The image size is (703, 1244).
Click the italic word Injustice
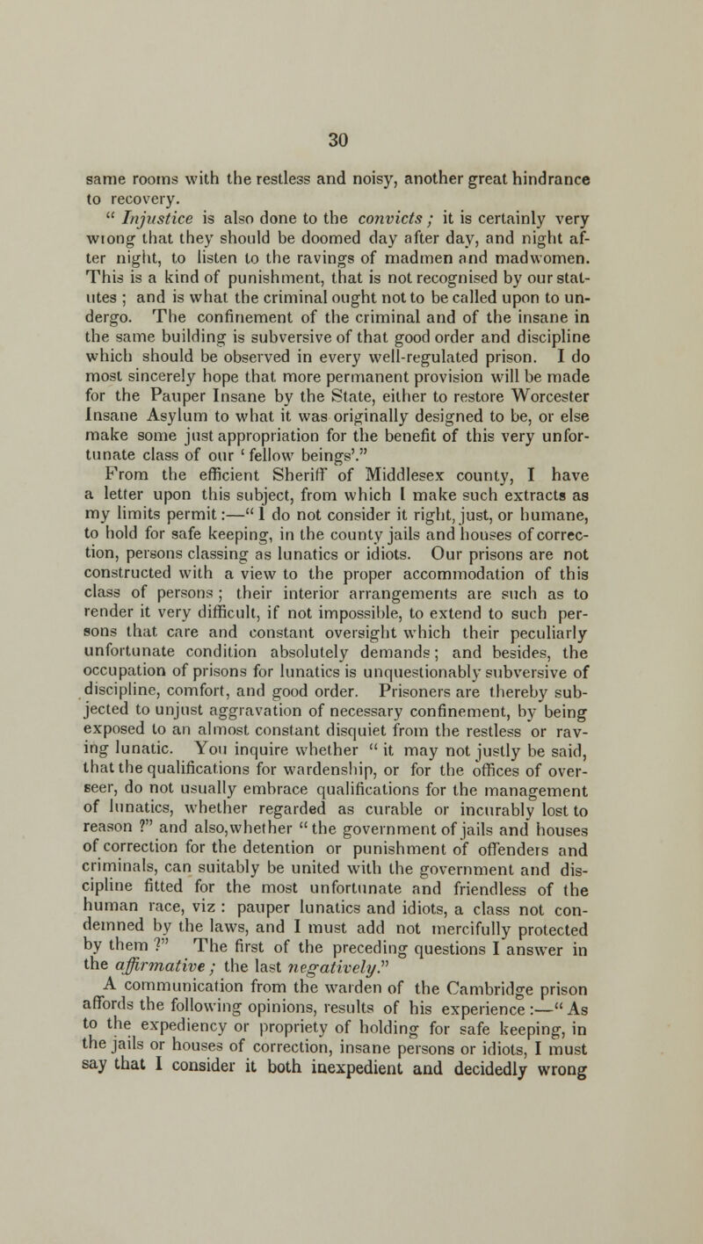pos(135,195)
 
